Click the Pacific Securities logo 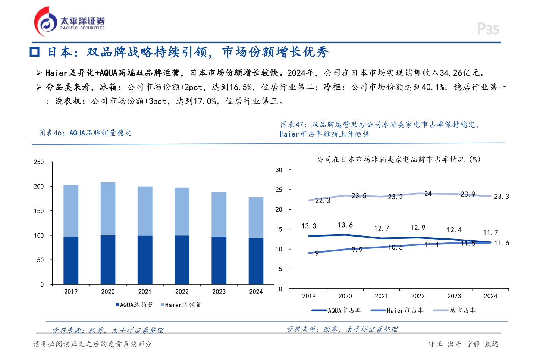[69, 22]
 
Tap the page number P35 [488, 29]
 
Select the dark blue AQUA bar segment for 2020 [108, 259]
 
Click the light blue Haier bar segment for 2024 [256, 217]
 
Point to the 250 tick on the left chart [39, 162]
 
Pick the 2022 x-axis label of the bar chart [182, 292]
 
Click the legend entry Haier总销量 [181, 305]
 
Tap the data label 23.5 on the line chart [359, 196]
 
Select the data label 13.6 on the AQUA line [345, 225]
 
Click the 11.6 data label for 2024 [502, 243]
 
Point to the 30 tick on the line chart [279, 170]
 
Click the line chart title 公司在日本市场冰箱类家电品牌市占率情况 [398, 160]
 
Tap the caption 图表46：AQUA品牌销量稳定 [85, 133]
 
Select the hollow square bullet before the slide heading [35, 52]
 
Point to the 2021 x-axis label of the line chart [381, 296]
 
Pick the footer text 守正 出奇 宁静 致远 [464, 344]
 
